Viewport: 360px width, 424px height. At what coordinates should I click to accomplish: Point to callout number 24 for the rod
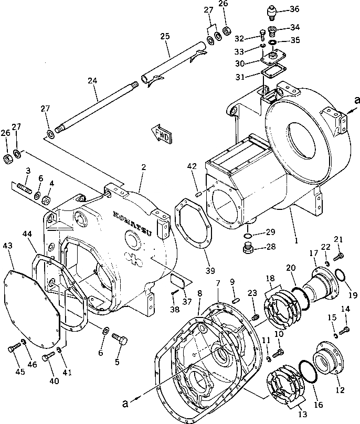click(x=93, y=82)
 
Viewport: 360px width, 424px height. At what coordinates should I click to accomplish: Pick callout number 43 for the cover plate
click(x=7, y=245)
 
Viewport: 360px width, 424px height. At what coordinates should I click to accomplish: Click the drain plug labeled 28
click(x=249, y=247)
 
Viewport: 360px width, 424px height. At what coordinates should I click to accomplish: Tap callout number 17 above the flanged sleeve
click(x=313, y=253)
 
